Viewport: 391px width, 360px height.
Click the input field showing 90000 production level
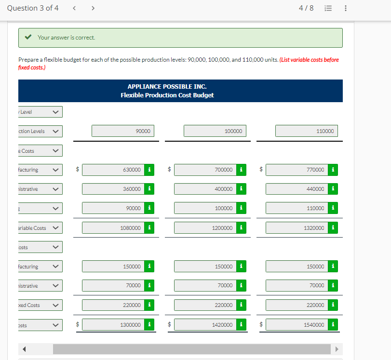[123, 131]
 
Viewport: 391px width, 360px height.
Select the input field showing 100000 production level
[215, 131]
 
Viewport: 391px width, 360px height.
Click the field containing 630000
[114, 170]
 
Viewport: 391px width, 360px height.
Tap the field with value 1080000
[114, 227]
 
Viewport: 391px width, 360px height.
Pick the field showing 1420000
[205, 325]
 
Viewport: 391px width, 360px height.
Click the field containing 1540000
[297, 325]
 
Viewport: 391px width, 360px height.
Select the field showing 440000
[297, 189]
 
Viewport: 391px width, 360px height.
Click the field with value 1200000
[205, 227]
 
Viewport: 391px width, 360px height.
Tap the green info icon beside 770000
[333, 170]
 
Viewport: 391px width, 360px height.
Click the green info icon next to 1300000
[150, 325]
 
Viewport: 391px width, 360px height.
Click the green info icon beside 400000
[241, 189]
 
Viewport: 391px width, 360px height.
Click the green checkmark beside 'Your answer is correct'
[29, 38]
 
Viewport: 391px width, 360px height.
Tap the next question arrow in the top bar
[93, 8]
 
